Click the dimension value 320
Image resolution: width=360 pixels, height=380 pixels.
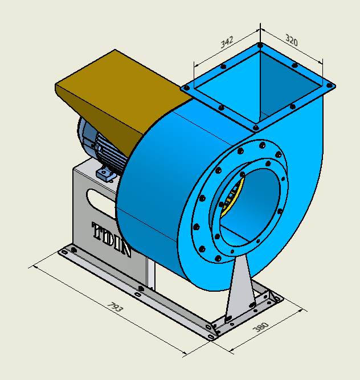tap(292, 41)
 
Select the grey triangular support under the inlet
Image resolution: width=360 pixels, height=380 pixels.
tap(240, 291)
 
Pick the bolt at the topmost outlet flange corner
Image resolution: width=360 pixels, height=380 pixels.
tap(260, 44)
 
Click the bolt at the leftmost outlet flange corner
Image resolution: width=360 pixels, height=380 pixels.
tap(186, 89)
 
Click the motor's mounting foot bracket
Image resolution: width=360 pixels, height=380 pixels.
tap(105, 173)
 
